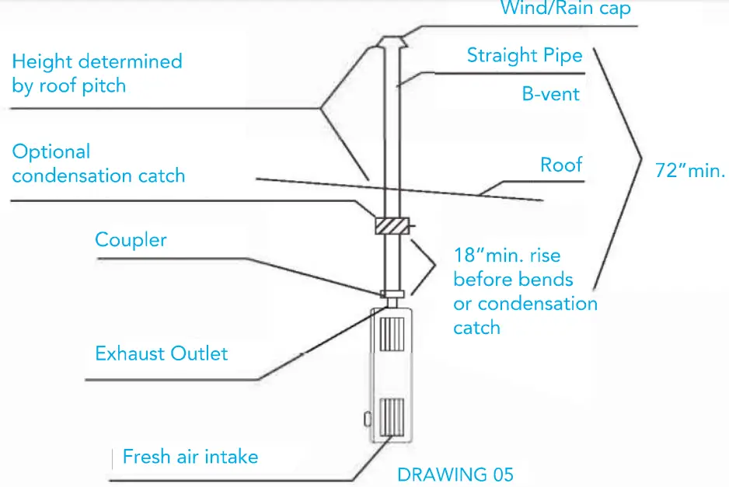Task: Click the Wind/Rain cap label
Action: click(565, 9)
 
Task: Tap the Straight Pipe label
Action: click(525, 55)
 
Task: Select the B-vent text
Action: click(550, 94)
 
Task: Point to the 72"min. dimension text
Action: click(689, 171)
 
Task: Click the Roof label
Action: click(560, 165)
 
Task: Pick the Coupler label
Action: click(131, 239)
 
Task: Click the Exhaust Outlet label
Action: click(161, 354)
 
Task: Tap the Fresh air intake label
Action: click(190, 457)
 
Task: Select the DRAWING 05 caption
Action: click(455, 474)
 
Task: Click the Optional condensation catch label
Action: click(98, 164)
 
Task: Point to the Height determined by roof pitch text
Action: click(96, 73)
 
